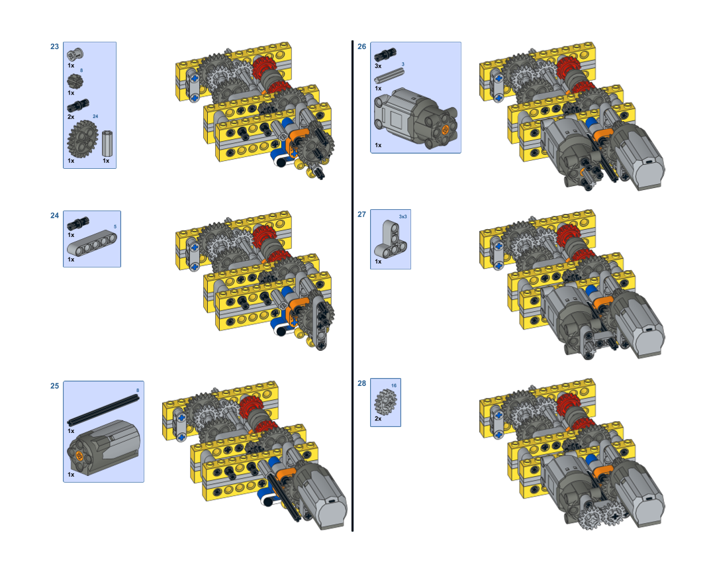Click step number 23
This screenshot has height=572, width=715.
[x=54, y=46]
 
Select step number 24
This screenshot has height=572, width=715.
[x=54, y=215]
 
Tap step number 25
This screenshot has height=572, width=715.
[x=54, y=386]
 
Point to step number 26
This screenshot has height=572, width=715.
[x=361, y=46]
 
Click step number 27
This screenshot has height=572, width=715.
[x=361, y=215]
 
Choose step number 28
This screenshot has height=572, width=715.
[x=361, y=383]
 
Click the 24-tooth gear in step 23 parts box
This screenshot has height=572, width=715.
[x=83, y=138]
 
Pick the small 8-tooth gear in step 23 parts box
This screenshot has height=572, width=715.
[x=75, y=81]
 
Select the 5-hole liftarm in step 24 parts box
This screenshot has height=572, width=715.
[x=91, y=242]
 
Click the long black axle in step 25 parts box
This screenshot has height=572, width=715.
[x=103, y=410]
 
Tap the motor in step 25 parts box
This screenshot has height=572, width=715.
[x=103, y=448]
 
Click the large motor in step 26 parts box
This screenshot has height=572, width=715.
[x=415, y=118]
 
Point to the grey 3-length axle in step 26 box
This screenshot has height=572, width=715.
[x=389, y=75]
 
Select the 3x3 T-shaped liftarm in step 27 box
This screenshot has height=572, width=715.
[x=391, y=240]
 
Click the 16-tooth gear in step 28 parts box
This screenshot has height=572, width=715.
[x=386, y=401]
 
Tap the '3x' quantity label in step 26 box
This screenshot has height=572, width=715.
[x=378, y=66]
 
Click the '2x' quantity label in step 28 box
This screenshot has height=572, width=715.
[x=378, y=418]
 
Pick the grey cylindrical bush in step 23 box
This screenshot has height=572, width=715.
[x=107, y=143]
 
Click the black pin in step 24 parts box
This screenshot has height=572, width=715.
[x=78, y=224]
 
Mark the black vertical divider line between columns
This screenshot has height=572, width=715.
[x=352, y=286]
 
